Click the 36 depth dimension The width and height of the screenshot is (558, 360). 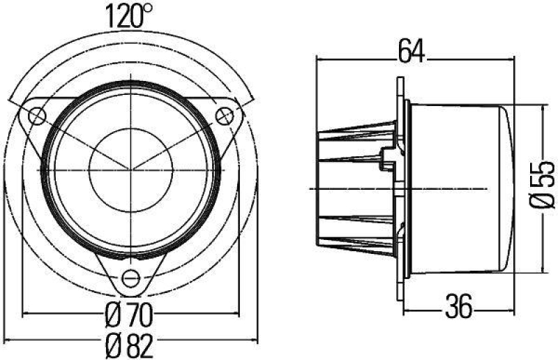458,305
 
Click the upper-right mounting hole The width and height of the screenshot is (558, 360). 224,114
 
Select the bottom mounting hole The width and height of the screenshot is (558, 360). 130,278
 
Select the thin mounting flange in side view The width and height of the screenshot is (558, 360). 400,188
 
